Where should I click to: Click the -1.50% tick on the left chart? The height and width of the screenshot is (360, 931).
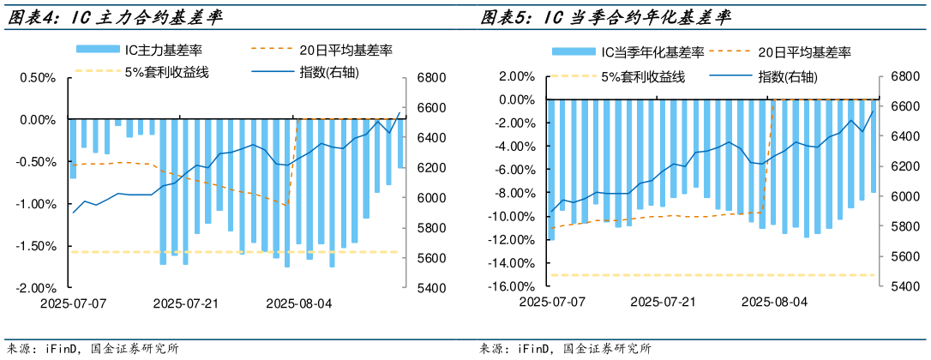pos(38,246)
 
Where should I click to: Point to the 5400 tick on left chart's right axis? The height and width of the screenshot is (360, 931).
pos(430,288)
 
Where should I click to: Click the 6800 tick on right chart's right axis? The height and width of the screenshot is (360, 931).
pos(904,76)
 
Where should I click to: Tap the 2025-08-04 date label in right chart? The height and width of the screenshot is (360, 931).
pos(773,302)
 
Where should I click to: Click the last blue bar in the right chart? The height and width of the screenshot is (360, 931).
pos(874,146)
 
